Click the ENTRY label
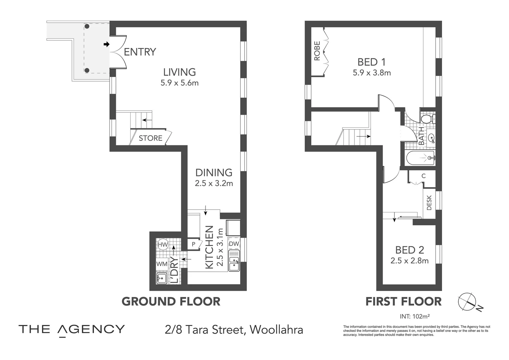(x=140, y=52)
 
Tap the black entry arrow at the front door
(x=107, y=44)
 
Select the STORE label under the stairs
(x=151, y=138)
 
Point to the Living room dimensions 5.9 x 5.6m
(x=180, y=83)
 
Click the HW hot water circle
(x=163, y=245)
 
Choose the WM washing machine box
(x=162, y=264)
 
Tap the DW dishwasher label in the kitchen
(x=234, y=244)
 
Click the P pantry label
(x=194, y=244)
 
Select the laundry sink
(x=162, y=278)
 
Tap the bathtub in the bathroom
(x=420, y=158)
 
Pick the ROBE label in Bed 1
(x=317, y=51)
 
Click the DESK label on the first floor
(x=429, y=203)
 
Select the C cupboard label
(x=423, y=176)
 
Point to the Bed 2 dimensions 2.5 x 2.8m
(x=409, y=261)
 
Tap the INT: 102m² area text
(x=415, y=316)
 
